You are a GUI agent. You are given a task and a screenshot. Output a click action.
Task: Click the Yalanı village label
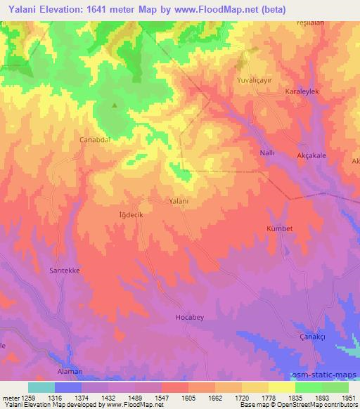point(179,201)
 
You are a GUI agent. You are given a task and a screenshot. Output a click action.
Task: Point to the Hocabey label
point(188,318)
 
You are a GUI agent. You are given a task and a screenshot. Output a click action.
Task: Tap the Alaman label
point(69,371)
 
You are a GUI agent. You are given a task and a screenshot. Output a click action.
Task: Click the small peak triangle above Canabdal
point(115,106)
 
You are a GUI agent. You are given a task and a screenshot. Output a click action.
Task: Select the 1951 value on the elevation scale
point(348,398)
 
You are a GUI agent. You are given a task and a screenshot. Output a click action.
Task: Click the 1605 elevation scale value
point(188,398)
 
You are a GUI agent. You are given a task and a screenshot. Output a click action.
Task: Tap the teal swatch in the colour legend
point(41,387)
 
